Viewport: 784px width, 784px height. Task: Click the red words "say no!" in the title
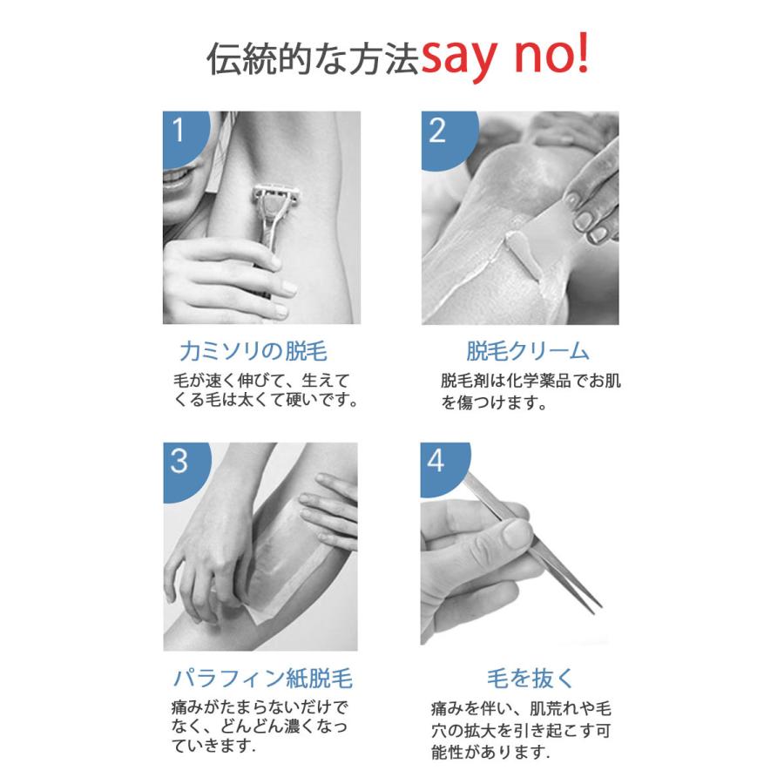tap(505, 56)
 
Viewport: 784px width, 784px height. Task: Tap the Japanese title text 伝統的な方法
tap(314, 59)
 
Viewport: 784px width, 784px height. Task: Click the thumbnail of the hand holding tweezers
tap(517, 533)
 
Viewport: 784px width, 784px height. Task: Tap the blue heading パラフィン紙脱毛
tap(263, 678)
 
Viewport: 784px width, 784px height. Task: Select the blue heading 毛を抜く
tap(530, 679)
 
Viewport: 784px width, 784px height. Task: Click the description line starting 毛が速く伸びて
tap(261, 381)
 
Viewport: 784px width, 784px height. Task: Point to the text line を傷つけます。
tap(494, 402)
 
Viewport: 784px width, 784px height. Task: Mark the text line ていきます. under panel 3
tap(213, 746)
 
